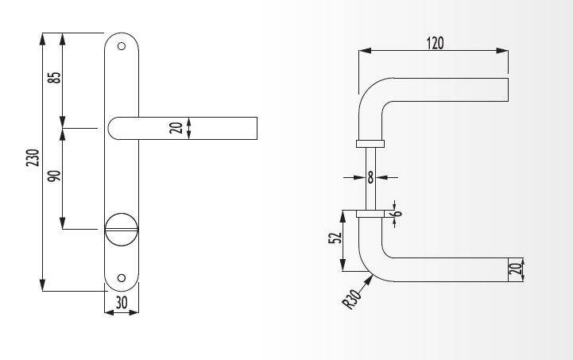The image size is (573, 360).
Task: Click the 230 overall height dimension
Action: click(x=33, y=158)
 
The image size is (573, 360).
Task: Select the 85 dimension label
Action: click(x=55, y=77)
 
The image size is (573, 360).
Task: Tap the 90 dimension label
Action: click(x=55, y=176)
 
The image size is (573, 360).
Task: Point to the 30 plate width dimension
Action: click(x=122, y=303)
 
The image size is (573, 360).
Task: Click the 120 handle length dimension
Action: click(x=435, y=43)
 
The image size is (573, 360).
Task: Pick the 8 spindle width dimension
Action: click(x=370, y=178)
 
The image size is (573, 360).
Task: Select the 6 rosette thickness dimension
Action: click(x=397, y=213)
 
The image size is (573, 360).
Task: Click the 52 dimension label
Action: click(x=335, y=238)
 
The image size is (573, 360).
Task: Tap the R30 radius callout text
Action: click(x=351, y=300)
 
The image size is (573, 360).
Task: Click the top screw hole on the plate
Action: click(x=122, y=46)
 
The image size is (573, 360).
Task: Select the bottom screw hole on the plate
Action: click(x=122, y=278)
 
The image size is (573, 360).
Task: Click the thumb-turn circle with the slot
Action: click(x=122, y=230)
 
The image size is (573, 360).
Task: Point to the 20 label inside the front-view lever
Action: click(x=176, y=128)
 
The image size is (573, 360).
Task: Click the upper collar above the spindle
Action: click(x=370, y=144)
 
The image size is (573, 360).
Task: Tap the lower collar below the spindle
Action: click(x=370, y=214)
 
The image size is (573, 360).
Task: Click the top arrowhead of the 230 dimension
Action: click(x=43, y=39)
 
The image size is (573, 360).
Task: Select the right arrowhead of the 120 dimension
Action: click(x=502, y=51)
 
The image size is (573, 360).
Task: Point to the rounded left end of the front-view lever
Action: click(x=114, y=128)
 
